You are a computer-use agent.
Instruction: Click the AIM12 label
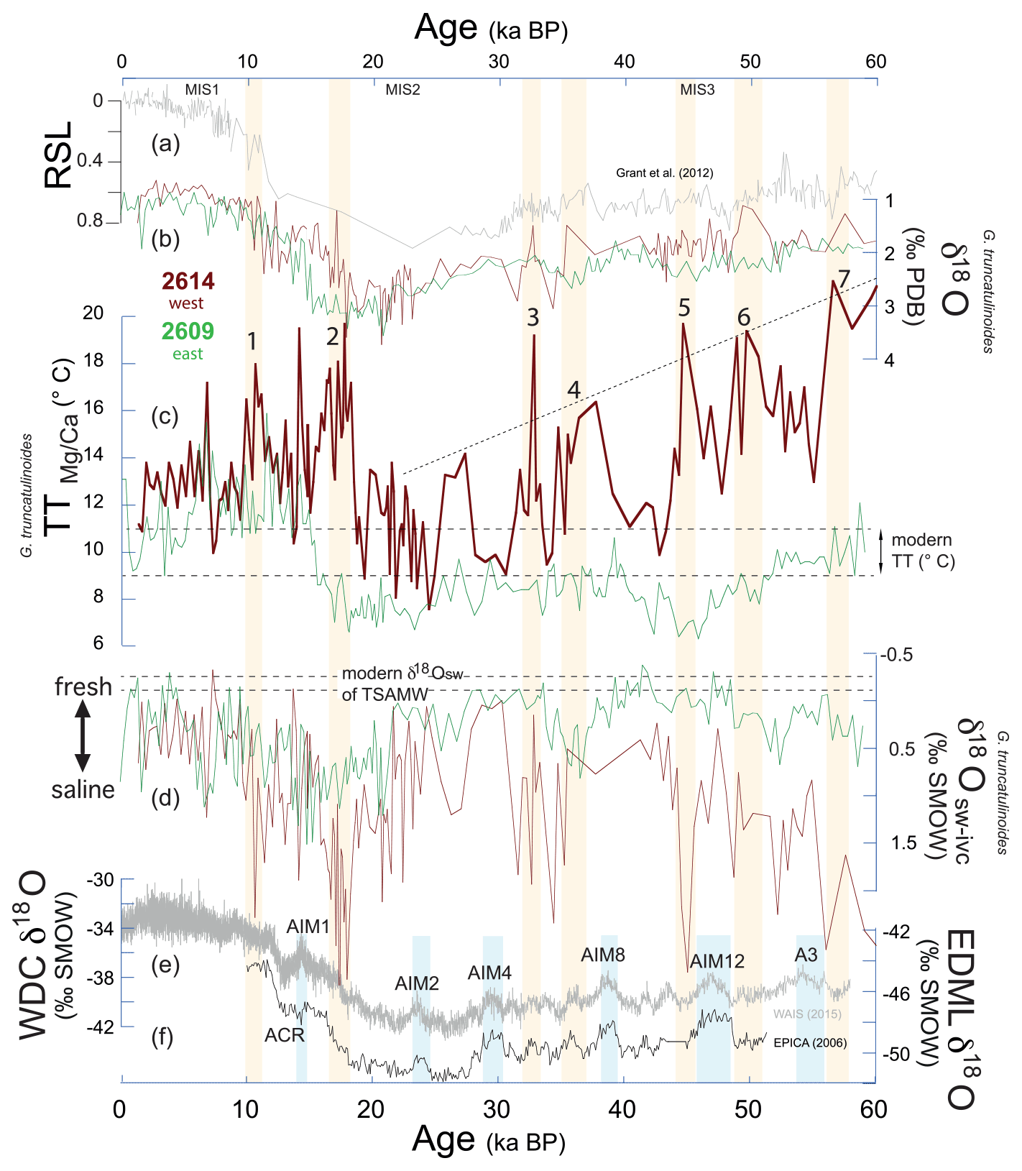click(717, 961)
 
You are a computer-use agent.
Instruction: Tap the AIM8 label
click(602, 955)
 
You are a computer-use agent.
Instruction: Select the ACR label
click(285, 1035)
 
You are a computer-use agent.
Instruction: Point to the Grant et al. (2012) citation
click(664, 173)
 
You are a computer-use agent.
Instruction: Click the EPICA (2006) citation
click(810, 1042)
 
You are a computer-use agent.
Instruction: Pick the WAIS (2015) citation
click(807, 1014)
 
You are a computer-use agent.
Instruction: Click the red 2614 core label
click(188, 281)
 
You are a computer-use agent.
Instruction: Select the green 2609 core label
click(188, 331)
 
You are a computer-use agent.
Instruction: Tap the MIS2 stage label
click(402, 90)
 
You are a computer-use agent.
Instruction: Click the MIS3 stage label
click(697, 90)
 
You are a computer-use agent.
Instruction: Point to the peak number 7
click(844, 278)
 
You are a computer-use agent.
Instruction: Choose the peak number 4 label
click(574, 390)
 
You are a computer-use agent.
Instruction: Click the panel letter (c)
click(165, 416)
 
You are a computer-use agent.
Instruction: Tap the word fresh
click(83, 687)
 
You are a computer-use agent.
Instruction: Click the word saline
click(83, 790)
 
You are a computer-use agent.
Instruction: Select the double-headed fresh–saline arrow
click(83, 738)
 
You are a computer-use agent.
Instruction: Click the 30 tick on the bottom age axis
click(497, 1109)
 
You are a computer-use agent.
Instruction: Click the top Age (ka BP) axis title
click(491, 29)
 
